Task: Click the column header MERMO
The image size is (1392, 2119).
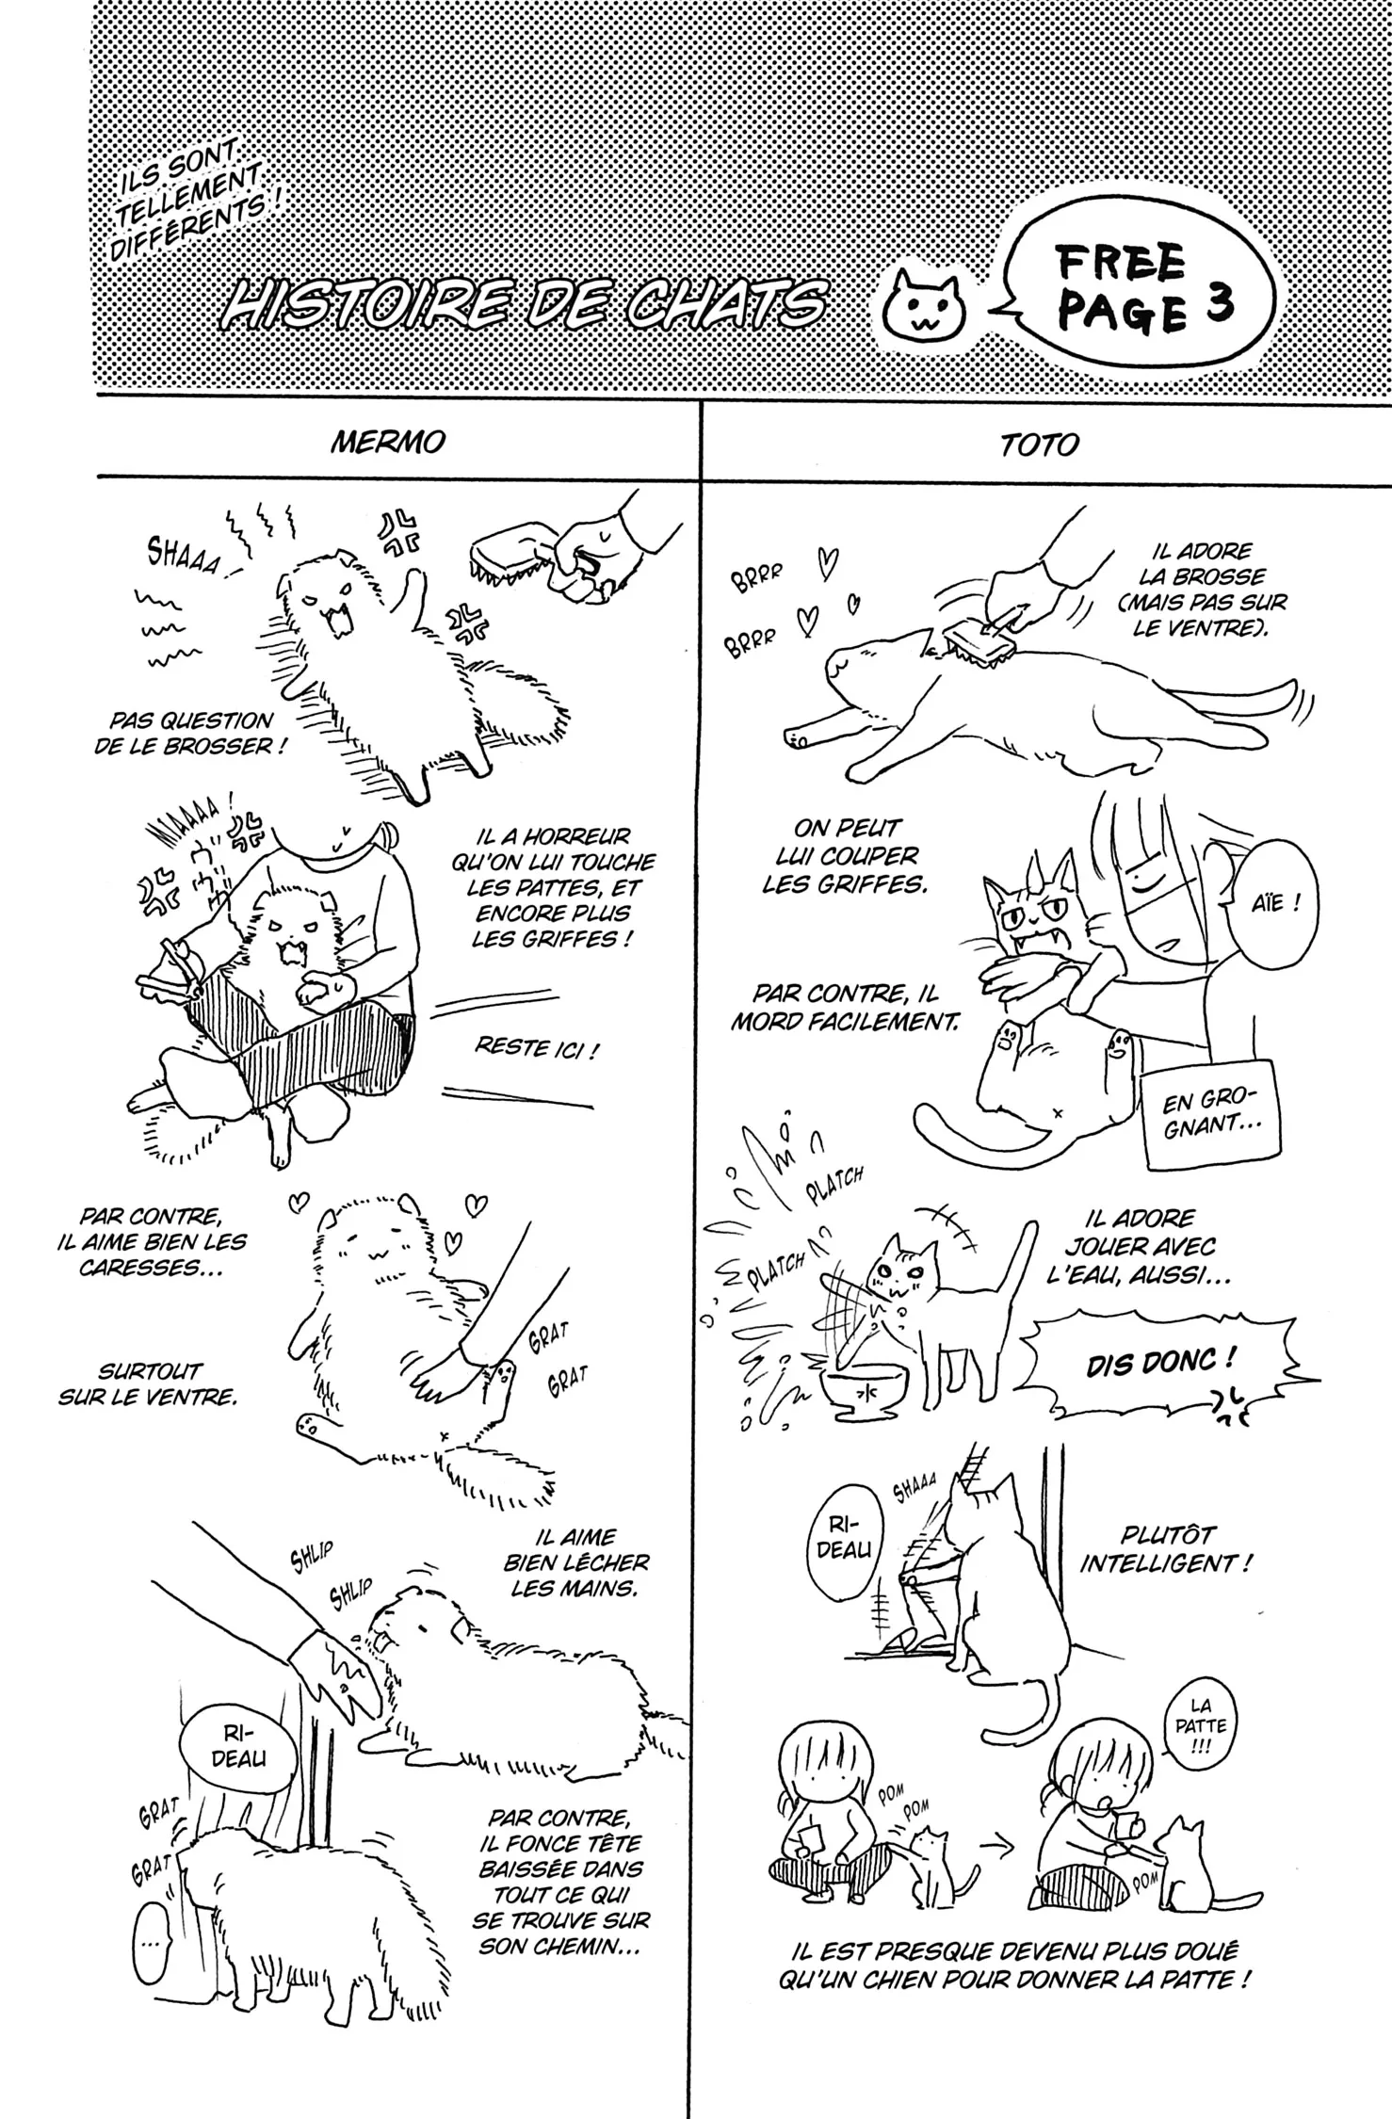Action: (388, 441)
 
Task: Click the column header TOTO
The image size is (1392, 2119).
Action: (1040, 445)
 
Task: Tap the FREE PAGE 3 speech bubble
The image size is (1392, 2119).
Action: (1134, 289)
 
